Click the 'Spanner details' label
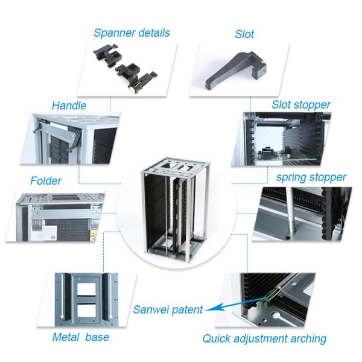(132, 33)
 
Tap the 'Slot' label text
(244, 34)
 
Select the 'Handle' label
(69, 106)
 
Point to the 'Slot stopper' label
(301, 105)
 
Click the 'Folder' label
(46, 180)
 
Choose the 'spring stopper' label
(311, 177)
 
